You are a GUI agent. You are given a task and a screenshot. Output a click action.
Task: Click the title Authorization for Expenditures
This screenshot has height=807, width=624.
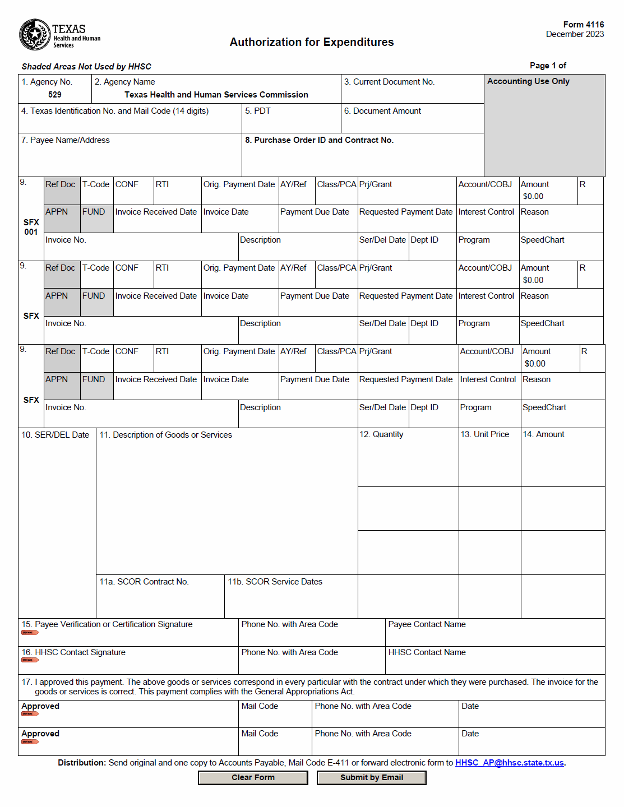tap(312, 42)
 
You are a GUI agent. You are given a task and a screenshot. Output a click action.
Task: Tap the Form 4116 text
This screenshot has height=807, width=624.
tap(583, 25)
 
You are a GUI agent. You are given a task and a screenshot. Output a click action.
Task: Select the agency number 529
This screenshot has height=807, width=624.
tap(55, 95)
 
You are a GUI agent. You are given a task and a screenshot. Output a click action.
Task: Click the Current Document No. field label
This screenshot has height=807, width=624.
tap(389, 82)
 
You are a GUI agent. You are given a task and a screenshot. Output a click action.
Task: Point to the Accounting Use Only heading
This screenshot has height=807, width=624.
tap(528, 81)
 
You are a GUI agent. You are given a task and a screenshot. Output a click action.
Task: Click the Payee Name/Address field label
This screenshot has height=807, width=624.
tap(66, 140)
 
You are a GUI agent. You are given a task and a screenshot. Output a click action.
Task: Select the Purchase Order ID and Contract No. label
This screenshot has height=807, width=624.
tap(319, 140)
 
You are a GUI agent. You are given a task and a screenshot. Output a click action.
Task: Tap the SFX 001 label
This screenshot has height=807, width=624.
tap(31, 227)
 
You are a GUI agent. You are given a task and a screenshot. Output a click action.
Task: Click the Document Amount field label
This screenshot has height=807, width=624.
tap(382, 111)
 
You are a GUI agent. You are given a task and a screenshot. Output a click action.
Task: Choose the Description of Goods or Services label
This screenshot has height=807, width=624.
tap(165, 435)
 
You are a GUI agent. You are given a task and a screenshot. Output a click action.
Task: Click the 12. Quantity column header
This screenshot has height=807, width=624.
tap(381, 434)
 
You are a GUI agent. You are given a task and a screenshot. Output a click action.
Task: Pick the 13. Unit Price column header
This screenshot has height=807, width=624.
tap(485, 434)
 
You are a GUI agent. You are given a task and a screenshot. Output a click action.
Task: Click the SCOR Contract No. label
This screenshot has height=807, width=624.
tap(144, 582)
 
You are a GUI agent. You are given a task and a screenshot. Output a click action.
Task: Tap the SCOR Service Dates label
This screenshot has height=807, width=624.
tap(275, 582)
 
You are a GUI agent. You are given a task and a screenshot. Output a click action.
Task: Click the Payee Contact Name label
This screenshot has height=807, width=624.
tap(427, 624)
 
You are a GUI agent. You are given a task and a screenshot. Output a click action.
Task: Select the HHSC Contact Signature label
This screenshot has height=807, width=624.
tap(73, 652)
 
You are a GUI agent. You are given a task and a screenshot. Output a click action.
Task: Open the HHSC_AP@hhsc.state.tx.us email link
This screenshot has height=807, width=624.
tap(509, 763)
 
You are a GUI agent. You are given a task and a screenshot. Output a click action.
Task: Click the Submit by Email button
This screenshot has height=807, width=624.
tap(371, 777)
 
